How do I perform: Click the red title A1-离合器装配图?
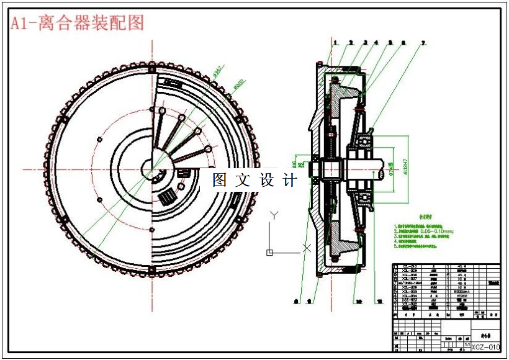77,23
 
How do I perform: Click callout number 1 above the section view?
335,43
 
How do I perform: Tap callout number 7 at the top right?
424,43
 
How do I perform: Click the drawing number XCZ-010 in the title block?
485,347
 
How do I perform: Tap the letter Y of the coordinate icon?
273,215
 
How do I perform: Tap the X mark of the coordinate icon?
306,248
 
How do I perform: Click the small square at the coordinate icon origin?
269,252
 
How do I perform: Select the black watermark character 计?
290,180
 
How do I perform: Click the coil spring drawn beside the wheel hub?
166,199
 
